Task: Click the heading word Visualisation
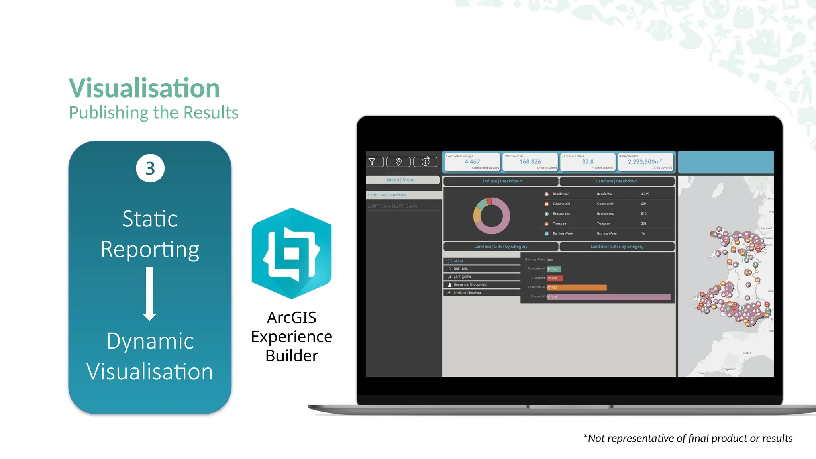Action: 144,88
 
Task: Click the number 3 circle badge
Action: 150,169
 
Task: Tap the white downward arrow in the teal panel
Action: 149,294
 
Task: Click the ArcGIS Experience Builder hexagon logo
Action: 292,253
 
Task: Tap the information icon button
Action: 425,162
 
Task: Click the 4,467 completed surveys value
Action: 472,162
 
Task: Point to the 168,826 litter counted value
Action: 530,162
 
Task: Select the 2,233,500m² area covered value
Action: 645,162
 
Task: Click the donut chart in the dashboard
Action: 492,216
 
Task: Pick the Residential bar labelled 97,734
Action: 608,297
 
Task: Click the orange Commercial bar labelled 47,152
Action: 577,288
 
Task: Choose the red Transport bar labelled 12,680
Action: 555,278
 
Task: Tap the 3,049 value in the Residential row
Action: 645,194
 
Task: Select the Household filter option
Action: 470,285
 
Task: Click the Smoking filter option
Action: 467,293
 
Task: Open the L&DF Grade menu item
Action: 392,206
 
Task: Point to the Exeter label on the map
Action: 747,353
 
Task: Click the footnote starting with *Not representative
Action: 688,438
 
